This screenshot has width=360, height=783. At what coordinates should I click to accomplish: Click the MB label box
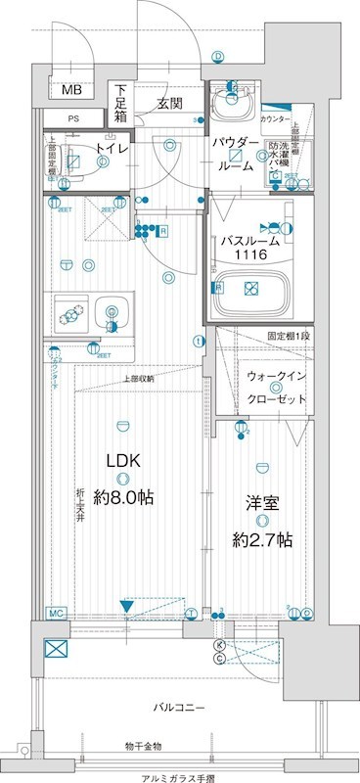[x=72, y=90]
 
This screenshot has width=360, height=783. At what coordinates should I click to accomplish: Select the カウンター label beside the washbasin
[x=277, y=118]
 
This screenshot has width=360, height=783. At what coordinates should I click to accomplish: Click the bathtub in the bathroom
[x=252, y=289]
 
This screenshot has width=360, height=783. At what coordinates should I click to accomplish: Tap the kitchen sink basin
[x=112, y=312]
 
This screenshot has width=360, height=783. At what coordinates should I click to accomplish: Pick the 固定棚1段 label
[x=288, y=336]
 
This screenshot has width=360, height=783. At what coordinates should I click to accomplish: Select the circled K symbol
[x=219, y=645]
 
